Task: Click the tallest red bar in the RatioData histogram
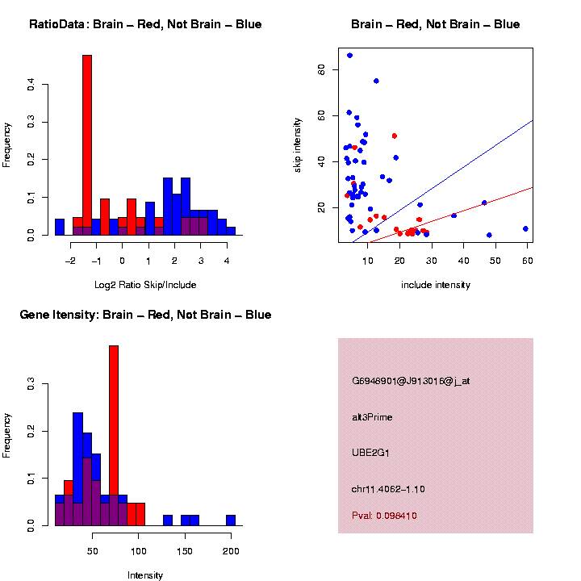click(87, 145)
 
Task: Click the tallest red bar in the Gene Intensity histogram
click(114, 436)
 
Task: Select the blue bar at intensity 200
click(231, 520)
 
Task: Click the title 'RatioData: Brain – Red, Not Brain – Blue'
click(145, 24)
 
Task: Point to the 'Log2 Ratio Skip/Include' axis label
click(145, 285)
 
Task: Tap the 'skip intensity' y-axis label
click(298, 143)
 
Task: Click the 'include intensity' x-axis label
click(436, 285)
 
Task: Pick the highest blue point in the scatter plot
click(349, 56)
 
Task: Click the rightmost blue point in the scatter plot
click(525, 228)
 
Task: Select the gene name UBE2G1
click(370, 453)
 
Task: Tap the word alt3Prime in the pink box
click(372, 417)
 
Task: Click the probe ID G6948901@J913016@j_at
click(411, 381)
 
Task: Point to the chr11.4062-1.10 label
click(388, 489)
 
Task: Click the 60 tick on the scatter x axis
click(527, 259)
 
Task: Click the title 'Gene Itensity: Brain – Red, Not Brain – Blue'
click(145, 315)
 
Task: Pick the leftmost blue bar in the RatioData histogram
click(60, 227)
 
